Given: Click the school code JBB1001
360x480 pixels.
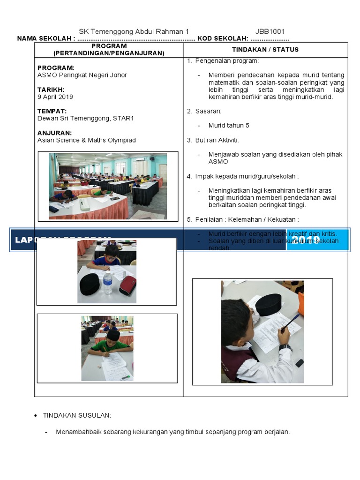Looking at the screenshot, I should tap(270, 32).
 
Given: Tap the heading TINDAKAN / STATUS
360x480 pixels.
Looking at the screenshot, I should tap(265, 50).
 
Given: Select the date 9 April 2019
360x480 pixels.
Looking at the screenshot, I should tap(55, 97).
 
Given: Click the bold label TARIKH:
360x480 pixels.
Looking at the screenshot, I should tap(51, 90).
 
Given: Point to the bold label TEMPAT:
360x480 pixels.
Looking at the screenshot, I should tap(52, 111).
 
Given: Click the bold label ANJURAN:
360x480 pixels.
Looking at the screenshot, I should tap(54, 133).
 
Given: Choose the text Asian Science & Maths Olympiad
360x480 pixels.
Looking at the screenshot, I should tap(87, 140).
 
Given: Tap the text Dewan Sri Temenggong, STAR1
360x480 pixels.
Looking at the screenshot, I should tap(86, 119).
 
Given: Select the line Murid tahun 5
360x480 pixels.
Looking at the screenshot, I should tap(229, 126).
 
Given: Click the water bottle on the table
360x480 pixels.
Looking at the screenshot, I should tap(108, 282).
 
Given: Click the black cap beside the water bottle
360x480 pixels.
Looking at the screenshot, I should tap(90, 284).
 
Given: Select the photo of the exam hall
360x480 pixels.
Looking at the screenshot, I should tap(107, 186).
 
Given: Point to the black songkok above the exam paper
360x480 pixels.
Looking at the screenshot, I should tap(268, 305).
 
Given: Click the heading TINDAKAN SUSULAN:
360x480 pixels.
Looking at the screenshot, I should tap(77, 416).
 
